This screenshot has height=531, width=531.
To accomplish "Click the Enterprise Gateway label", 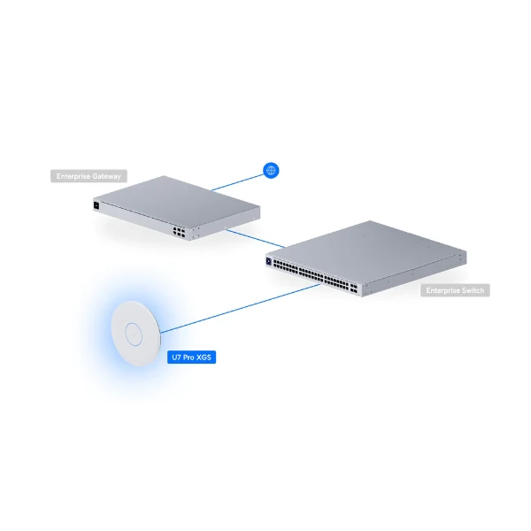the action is click(x=88, y=176).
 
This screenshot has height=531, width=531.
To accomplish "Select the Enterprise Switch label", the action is click(x=455, y=290).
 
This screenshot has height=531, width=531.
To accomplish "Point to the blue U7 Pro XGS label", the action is click(x=192, y=358).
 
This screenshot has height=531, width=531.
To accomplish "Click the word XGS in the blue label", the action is click(x=204, y=358).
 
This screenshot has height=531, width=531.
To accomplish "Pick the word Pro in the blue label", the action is click(x=189, y=358).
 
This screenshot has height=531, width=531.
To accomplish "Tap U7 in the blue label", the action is click(x=176, y=358).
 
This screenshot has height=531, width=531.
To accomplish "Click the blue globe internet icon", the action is click(x=271, y=170).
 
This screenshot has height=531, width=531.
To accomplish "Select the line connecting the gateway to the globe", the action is click(x=237, y=183).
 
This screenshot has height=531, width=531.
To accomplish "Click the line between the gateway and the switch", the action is click(x=256, y=238).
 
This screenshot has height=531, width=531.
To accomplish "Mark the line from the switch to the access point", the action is click(x=241, y=309).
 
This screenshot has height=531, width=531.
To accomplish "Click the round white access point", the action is click(x=135, y=334).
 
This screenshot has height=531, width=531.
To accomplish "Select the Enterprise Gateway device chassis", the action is click(x=176, y=208).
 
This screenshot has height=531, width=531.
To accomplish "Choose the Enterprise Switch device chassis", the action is click(x=366, y=258).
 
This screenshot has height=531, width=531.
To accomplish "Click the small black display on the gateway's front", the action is click(x=96, y=205).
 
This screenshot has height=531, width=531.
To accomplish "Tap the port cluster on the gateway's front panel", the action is click(x=179, y=232).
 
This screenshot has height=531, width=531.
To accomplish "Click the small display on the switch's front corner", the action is click(x=269, y=261).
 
